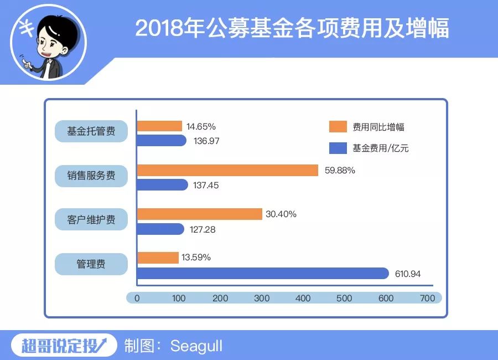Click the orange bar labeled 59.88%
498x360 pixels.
(x=227, y=171)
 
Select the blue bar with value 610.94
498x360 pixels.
(x=263, y=273)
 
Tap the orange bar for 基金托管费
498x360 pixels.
(x=159, y=126)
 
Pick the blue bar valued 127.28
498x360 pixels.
(x=160, y=229)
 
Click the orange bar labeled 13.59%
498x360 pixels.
(x=158, y=258)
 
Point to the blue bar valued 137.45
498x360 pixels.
(x=162, y=185)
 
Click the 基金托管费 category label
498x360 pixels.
(x=91, y=132)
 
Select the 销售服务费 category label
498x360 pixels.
(x=91, y=176)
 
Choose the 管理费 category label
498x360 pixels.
(x=91, y=264)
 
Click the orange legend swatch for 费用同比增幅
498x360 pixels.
(x=337, y=127)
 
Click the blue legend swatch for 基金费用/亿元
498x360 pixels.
(x=337, y=148)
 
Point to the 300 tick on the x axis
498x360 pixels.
(x=262, y=298)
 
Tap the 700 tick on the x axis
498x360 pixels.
(x=427, y=298)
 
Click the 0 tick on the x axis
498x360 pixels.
(x=137, y=298)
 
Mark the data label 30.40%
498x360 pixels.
(x=281, y=214)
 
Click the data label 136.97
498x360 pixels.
(x=207, y=141)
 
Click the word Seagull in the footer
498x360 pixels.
(x=196, y=346)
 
